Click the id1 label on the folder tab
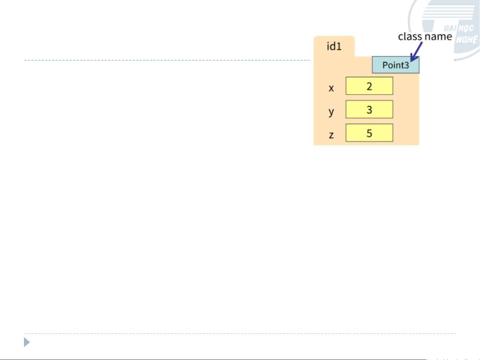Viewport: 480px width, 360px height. tap(334, 46)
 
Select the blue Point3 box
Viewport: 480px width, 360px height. tap(395, 65)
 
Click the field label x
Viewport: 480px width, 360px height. tap(331, 88)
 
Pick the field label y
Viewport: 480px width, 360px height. tap(331, 112)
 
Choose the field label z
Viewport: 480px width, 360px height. tap(331, 135)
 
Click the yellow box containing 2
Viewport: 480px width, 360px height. tap(369, 86)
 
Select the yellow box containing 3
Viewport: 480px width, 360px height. tap(369, 110)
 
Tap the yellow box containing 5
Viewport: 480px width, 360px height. tap(369, 133)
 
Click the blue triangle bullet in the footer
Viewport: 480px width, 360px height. tap(27, 342)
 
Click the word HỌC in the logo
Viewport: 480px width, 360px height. tap(465, 29)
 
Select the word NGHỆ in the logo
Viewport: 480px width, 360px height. tap(467, 40)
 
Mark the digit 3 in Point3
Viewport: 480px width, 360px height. tap(406, 65)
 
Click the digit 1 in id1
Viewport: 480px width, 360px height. tap(339, 46)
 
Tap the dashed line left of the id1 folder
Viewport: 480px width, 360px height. tap(167, 60)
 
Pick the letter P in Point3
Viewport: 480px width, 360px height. tap(385, 65)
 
